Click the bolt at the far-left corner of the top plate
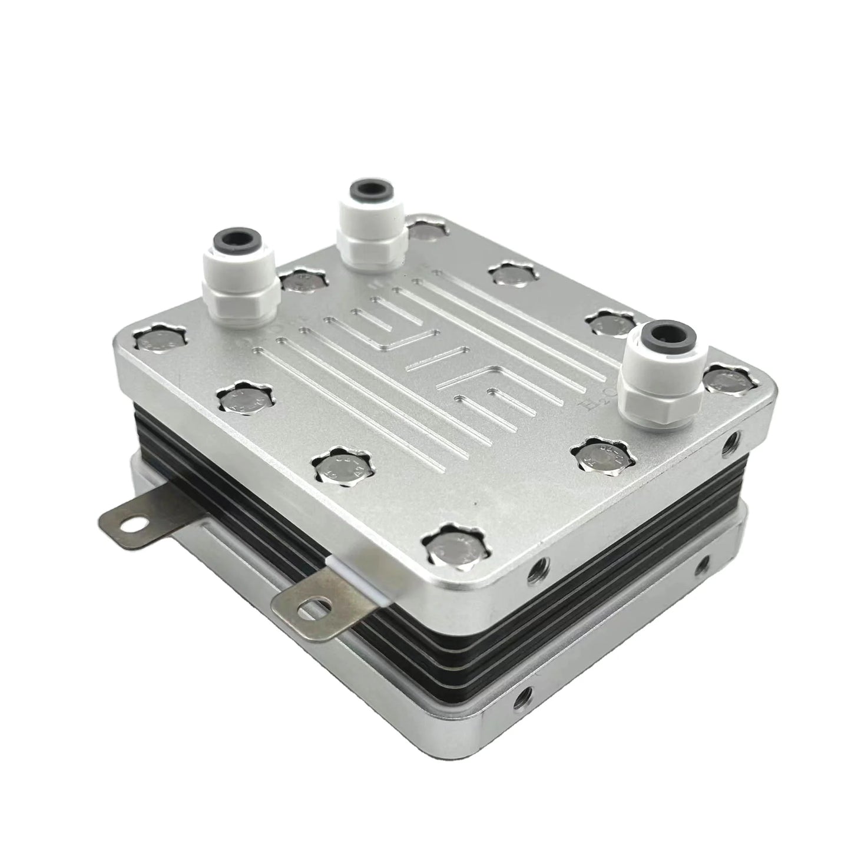tap(159, 343)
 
